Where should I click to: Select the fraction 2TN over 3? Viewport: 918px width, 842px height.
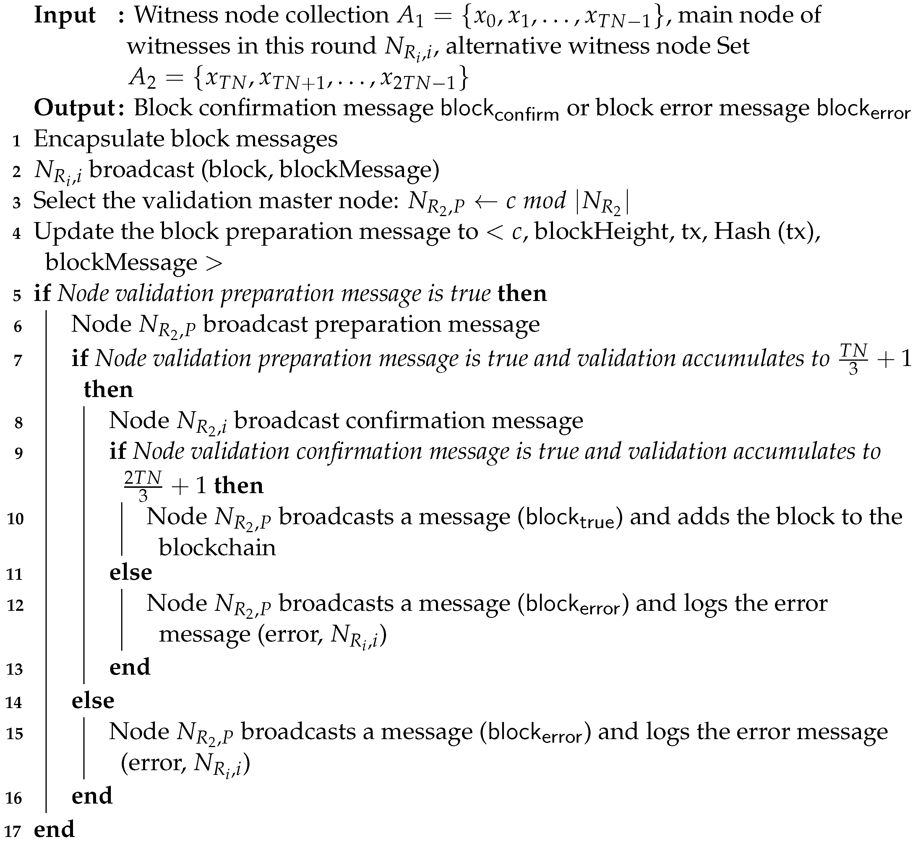click(x=142, y=486)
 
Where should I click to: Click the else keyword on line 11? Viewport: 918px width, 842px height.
click(x=131, y=572)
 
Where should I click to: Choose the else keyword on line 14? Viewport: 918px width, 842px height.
click(x=93, y=700)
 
